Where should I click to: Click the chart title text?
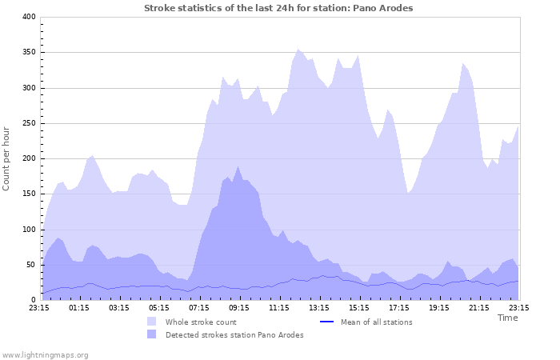pos(278,8)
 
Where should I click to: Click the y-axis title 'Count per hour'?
pos(7,158)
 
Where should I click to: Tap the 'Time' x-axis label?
pos(507,318)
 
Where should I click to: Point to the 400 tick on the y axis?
pos(28,17)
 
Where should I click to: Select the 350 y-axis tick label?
pos(28,52)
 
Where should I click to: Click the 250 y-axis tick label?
pos(28,123)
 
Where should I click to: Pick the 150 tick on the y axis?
pos(28,194)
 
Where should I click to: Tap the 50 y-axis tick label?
pos(30,265)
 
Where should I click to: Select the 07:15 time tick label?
pos(198,307)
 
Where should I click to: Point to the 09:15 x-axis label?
pos(238,307)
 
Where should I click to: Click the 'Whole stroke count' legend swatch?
pos(152,322)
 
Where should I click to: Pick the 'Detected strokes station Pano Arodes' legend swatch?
pos(152,334)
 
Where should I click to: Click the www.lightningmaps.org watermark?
pos(45,354)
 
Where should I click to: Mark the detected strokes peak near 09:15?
pos(238,166)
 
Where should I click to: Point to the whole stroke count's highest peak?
pos(298,49)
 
